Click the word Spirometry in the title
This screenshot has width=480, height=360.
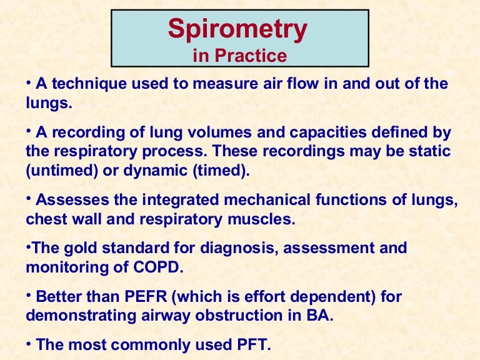[238, 29]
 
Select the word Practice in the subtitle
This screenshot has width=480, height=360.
[250, 56]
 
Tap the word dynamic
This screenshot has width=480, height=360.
[153, 171]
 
